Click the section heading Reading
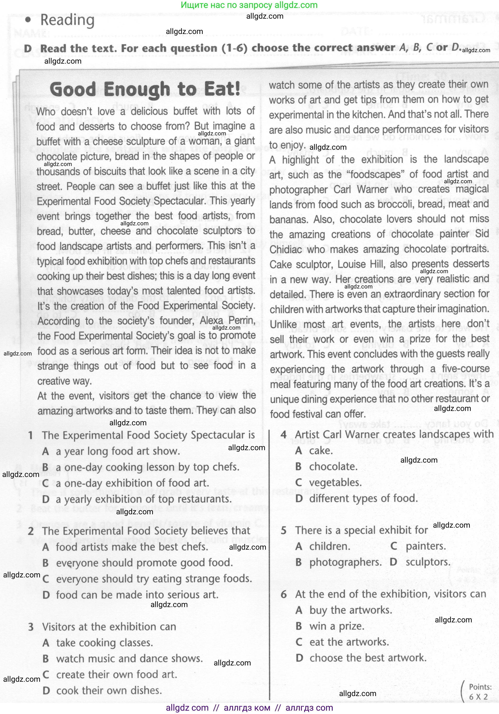point(67,21)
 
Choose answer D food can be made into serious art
point(137,595)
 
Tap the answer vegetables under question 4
point(335,482)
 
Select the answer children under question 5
point(330,546)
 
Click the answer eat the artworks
point(349,642)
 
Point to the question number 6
point(283,594)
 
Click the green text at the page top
point(249,5)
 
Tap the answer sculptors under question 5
point(428,562)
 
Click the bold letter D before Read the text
point(28,49)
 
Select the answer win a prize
point(336,626)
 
